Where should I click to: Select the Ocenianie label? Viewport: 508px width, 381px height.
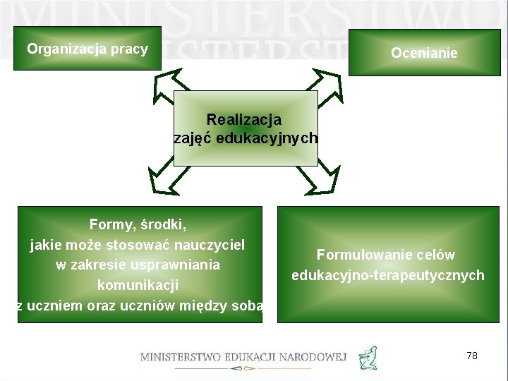tap(424, 53)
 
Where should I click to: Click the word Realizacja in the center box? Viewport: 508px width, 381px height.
tap(244, 119)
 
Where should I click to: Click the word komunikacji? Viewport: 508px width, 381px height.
tap(138, 286)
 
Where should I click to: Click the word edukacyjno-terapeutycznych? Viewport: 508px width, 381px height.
tap(388, 275)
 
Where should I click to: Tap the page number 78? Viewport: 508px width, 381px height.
tap(472, 356)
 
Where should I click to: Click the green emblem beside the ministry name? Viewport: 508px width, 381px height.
tap(368, 358)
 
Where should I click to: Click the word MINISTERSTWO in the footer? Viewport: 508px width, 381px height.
tap(180, 358)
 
